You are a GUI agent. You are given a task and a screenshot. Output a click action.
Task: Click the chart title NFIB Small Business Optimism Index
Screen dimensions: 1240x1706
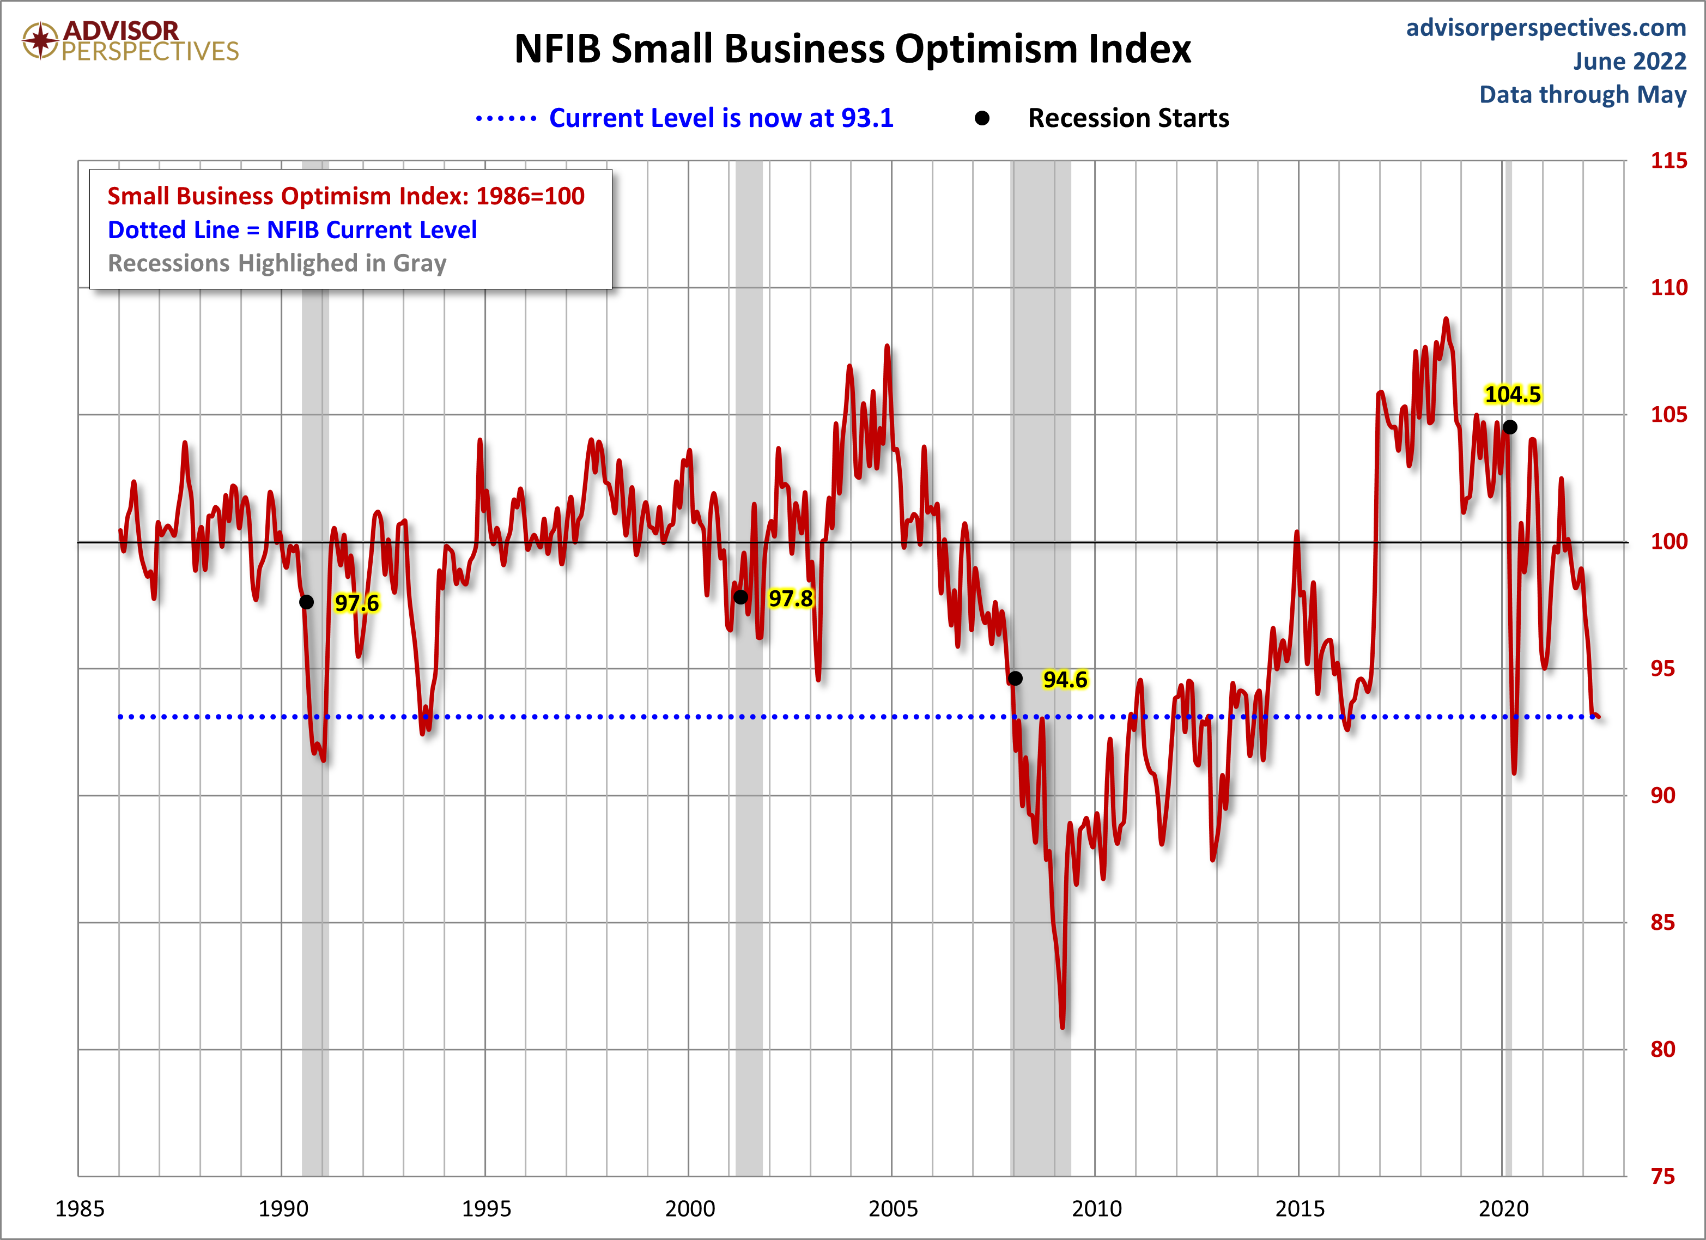pos(852,49)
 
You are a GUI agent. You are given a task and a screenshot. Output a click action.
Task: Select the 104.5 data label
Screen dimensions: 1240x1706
pos(1513,394)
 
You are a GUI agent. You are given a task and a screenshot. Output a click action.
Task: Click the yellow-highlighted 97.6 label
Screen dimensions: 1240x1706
pos(356,603)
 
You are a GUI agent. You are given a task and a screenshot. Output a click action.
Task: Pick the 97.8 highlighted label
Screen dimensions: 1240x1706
pos(791,598)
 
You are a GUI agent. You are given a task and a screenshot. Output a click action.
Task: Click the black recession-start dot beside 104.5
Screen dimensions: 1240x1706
pos(1510,427)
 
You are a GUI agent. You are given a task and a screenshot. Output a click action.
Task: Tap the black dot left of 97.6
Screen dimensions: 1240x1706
pos(306,602)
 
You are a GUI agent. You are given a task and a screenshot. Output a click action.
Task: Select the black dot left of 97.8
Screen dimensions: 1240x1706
pos(741,597)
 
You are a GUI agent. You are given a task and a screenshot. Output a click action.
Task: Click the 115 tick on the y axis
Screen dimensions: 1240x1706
pos(1668,160)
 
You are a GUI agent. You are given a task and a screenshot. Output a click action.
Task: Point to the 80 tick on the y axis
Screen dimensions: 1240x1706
pos(1662,1049)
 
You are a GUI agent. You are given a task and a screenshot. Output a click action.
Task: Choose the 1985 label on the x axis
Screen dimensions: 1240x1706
pos(80,1208)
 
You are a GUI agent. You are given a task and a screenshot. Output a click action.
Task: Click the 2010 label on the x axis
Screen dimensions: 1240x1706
pos(1096,1208)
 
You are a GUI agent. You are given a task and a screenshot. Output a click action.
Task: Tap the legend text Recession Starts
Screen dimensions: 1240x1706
pos(1128,118)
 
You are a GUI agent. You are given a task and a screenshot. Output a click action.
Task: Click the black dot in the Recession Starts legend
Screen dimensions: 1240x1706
pos(982,118)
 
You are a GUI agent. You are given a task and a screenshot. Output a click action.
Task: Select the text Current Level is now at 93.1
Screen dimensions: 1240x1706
pos(721,118)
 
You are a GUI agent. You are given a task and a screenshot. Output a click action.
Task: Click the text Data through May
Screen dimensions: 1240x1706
pos(1583,95)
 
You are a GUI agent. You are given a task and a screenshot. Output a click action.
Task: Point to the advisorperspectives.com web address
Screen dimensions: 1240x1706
pos(1546,28)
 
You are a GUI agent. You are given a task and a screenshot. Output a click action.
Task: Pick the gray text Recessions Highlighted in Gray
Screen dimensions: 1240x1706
pos(277,263)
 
